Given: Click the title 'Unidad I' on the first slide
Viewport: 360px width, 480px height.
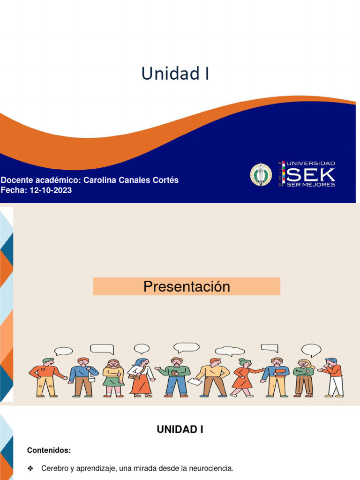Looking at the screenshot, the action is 175,74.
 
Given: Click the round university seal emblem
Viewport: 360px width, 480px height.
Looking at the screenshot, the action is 261,174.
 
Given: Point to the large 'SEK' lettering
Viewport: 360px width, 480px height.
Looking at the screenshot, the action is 310,175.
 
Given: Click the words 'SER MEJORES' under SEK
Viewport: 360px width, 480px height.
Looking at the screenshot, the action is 311,185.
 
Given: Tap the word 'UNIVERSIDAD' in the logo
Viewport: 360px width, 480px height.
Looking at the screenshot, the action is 311,164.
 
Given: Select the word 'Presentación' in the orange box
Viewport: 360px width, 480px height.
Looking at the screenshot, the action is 187,286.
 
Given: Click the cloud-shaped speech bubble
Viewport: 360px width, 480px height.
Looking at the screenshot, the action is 230,351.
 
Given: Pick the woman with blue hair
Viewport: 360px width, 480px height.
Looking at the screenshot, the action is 142,378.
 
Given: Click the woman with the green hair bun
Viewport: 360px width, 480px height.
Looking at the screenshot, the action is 247,378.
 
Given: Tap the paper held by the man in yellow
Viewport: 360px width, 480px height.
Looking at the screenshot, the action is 195,382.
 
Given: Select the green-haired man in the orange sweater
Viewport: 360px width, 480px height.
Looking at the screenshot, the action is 47,378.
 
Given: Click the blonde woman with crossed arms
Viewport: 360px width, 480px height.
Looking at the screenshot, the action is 304,378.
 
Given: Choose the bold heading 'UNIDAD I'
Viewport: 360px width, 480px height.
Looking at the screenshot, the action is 180,429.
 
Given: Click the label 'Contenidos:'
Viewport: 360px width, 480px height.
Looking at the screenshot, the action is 49,450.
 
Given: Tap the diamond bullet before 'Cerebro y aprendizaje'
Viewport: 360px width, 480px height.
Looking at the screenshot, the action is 30,468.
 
